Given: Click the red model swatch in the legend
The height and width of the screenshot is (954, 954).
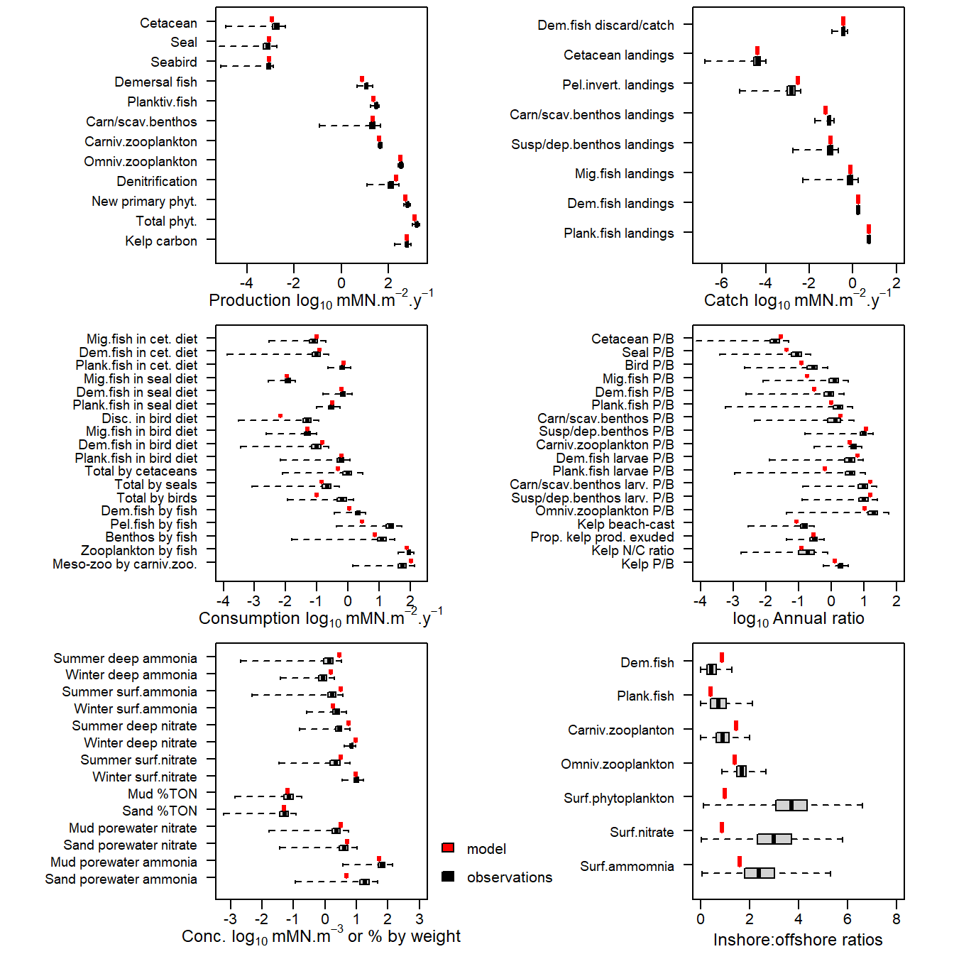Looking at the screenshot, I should coord(448,848).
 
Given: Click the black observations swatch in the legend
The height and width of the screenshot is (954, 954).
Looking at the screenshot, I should coord(448,877).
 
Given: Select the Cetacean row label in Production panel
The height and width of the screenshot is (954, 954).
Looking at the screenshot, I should coord(168,23).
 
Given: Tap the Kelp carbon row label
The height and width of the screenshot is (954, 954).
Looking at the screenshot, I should coord(161,241).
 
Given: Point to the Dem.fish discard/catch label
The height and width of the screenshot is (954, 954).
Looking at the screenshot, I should coord(605,26).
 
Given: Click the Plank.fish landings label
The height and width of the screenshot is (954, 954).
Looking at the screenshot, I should coord(618,234).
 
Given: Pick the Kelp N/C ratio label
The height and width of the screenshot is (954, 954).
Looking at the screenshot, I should coord(632,551).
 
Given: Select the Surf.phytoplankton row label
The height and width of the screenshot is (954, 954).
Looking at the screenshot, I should coord(618,799).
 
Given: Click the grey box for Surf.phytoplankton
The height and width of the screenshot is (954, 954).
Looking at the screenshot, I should coord(791,805).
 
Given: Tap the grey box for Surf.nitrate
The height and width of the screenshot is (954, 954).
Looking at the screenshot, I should coord(774,839).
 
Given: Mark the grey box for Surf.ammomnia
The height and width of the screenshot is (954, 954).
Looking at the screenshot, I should coord(760,873).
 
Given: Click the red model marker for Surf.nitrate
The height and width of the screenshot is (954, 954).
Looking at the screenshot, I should coord(722,828).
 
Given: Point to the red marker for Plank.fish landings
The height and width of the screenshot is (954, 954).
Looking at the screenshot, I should coord(869,229).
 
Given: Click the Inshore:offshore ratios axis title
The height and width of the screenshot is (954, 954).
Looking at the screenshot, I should coord(798,940).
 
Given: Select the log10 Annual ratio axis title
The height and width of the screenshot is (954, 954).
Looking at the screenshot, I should coord(798,619).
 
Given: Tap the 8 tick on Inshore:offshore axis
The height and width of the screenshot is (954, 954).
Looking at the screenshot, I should coord(897,919).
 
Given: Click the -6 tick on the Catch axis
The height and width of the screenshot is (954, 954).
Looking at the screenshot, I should coord(721,283).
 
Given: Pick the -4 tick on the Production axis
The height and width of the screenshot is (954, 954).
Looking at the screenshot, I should coord(247,283).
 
